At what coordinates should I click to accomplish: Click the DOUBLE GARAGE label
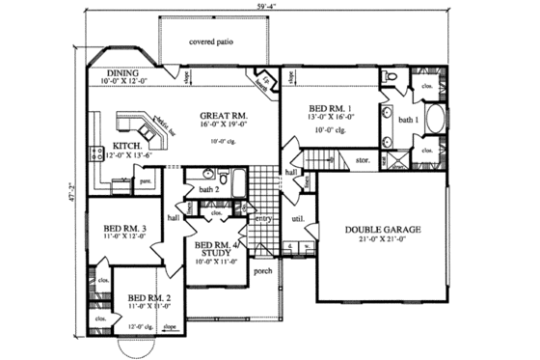pyautogui.click(x=384, y=230)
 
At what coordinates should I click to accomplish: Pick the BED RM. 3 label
pyautogui.click(x=123, y=229)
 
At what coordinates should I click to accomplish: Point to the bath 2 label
pyautogui.click(x=198, y=188)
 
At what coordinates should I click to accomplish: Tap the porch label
pyautogui.click(x=260, y=269)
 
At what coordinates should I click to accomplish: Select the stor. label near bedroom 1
pyautogui.click(x=363, y=160)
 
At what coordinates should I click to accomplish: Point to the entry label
pyautogui.click(x=261, y=219)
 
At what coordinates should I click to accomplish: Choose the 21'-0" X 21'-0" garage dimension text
pyautogui.click(x=384, y=240)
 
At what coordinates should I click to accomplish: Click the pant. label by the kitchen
pyautogui.click(x=147, y=180)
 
